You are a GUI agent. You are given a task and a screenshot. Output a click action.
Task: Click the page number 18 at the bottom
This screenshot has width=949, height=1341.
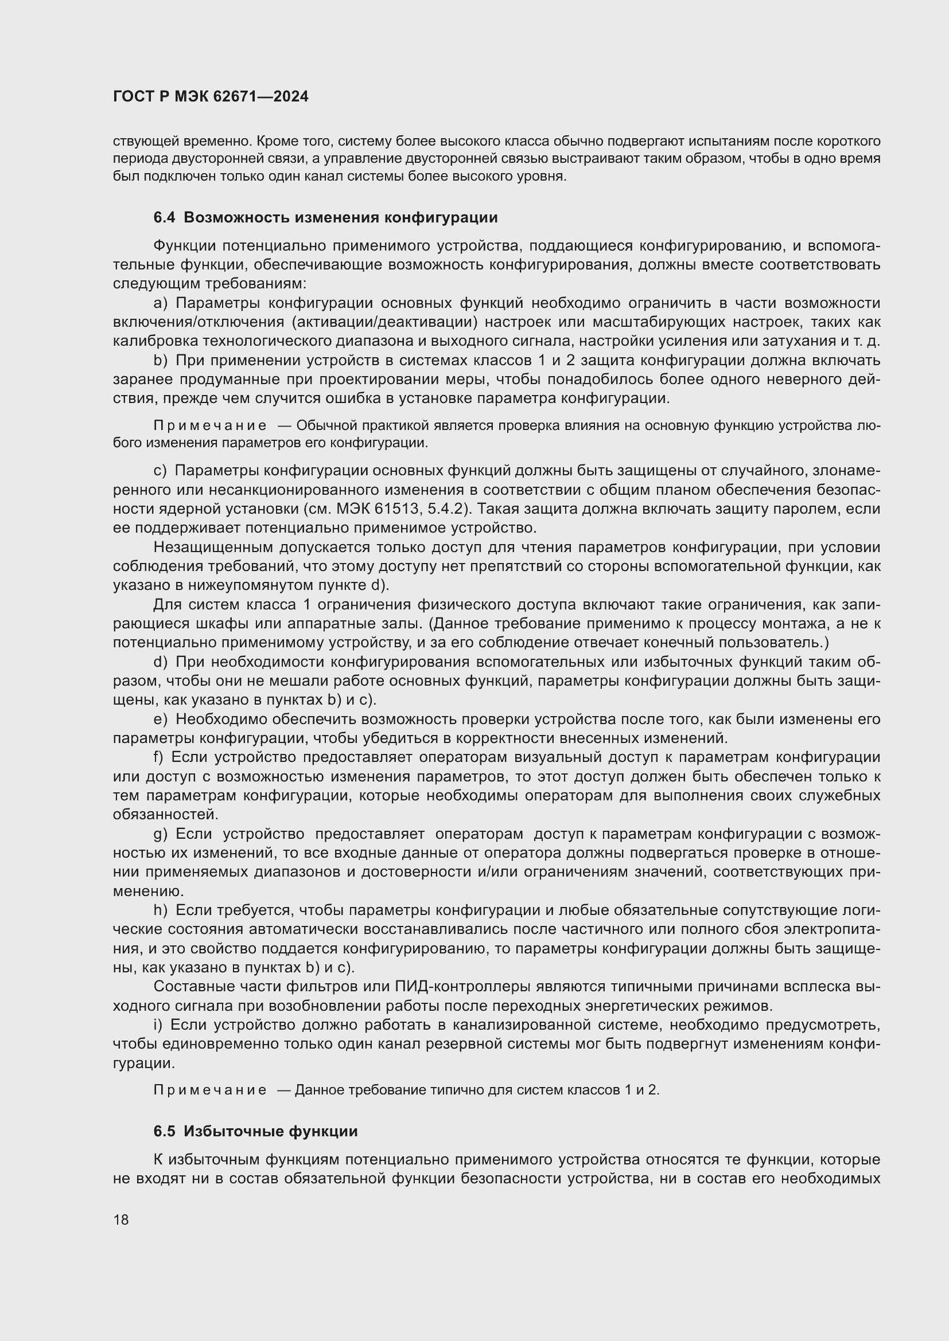(121, 1219)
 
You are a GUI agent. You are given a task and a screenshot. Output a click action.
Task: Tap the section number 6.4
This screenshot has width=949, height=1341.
(164, 218)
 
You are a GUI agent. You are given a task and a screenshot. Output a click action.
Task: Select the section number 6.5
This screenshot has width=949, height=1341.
(164, 1131)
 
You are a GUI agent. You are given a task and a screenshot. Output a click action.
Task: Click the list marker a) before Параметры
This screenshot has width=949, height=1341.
(160, 303)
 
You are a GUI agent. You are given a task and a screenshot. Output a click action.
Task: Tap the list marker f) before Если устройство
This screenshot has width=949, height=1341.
(160, 757)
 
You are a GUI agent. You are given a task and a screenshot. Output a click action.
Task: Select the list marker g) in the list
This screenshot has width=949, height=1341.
(160, 834)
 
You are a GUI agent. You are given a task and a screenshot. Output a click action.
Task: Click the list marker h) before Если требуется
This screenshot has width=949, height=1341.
(160, 910)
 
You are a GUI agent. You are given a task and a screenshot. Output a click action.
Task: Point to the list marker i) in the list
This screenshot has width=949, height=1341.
(158, 1025)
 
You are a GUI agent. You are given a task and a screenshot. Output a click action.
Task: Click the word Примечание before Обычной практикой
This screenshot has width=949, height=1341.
(210, 426)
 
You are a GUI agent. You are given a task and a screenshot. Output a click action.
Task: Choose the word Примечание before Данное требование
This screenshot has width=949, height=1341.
(210, 1090)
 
